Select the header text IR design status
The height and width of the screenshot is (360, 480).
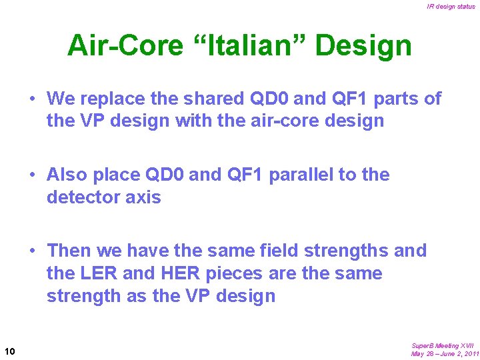click(451, 7)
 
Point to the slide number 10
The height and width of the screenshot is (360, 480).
click(10, 351)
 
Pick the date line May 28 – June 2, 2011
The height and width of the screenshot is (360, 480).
click(445, 353)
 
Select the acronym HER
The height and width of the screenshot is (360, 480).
click(177, 273)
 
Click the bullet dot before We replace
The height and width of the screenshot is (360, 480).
click(32, 99)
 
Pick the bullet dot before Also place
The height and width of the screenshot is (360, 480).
click(32, 175)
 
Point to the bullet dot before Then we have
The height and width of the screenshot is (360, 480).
click(32, 251)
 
